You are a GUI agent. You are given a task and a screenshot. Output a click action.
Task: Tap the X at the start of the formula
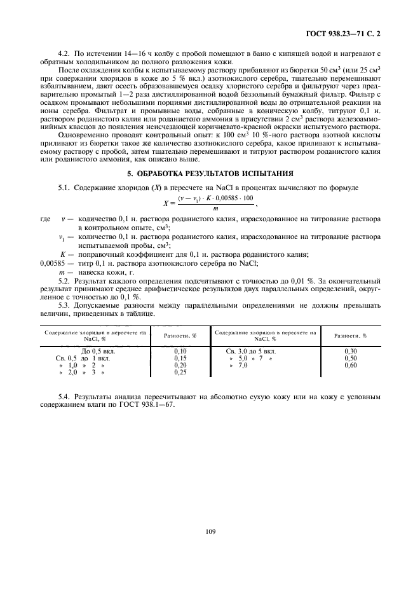[166, 202]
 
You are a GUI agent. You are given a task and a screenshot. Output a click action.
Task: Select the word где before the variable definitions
[45, 219]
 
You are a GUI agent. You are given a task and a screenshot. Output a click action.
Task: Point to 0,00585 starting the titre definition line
[53, 263]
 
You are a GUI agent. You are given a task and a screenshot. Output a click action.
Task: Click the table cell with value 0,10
[181, 350]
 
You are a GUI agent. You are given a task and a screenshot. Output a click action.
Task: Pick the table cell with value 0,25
[181, 372]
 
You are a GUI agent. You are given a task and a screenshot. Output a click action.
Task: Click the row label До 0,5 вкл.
[97, 350]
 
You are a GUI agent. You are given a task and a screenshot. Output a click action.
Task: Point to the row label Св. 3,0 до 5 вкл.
[251, 350]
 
